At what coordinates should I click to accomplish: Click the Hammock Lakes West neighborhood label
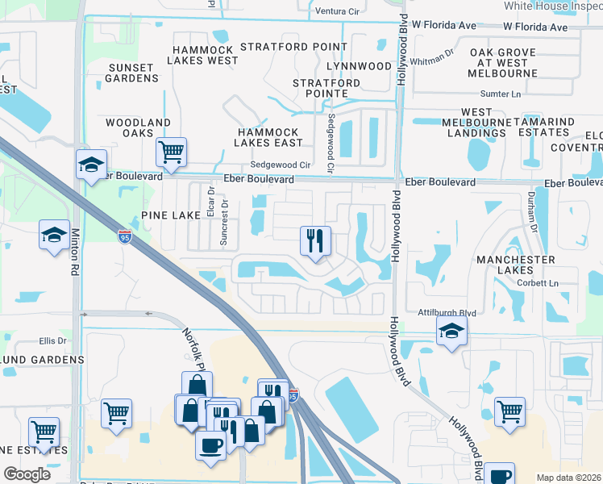coord(204,55)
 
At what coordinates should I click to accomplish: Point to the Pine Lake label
coord(170,215)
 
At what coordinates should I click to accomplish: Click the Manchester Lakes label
coord(515,265)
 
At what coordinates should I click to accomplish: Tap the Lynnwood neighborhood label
coord(360,65)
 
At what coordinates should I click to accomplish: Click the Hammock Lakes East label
coord(268,137)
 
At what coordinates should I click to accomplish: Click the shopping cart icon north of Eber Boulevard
coord(170,151)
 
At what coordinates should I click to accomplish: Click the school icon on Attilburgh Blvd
coord(451,330)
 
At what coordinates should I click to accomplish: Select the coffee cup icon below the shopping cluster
coord(211,445)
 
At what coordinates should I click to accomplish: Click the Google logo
coord(27,474)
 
